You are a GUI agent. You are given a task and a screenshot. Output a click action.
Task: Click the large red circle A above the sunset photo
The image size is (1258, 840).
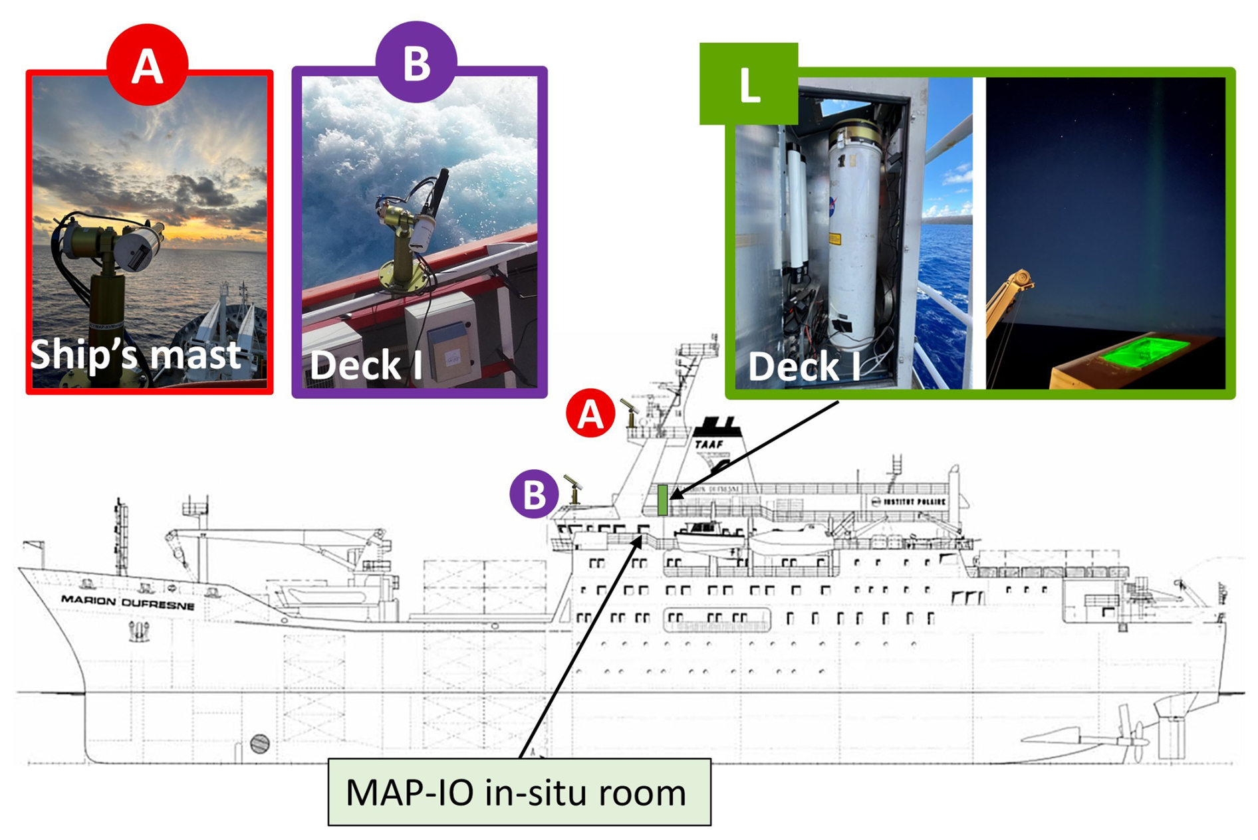[x=147, y=64]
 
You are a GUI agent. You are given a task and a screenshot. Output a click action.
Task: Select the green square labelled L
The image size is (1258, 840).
[x=749, y=84]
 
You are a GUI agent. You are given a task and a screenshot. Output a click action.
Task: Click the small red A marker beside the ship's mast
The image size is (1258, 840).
[x=590, y=413]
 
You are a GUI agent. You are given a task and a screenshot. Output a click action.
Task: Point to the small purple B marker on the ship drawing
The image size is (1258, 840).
[x=533, y=494]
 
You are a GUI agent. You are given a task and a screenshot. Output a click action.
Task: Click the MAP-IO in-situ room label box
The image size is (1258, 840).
[x=519, y=792]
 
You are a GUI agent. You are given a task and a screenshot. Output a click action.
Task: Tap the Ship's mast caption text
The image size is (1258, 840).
[x=136, y=354]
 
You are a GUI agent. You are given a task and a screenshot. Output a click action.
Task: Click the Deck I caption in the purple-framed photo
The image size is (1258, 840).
[x=366, y=365]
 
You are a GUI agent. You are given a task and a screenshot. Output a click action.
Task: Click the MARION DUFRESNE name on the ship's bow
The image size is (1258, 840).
[x=128, y=602]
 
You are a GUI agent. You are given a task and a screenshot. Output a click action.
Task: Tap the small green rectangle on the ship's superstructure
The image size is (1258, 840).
[x=662, y=500]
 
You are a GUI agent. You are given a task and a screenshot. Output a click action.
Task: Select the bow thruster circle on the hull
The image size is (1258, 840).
[x=260, y=744]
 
